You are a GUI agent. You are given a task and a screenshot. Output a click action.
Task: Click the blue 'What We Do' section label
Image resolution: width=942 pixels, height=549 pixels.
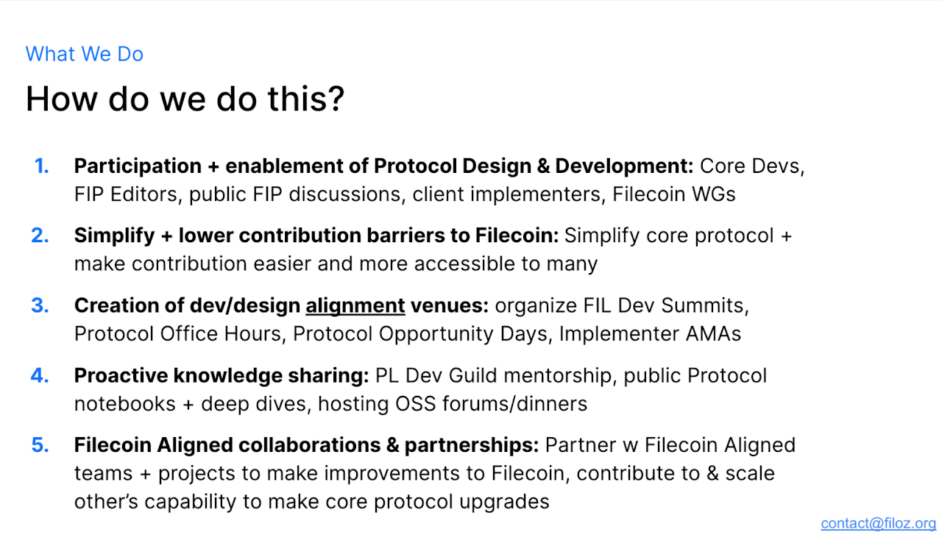pos(85,54)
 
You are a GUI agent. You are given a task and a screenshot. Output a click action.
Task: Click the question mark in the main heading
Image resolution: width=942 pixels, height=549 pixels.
pos(337,99)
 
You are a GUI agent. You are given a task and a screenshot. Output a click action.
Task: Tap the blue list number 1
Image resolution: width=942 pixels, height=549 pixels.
pos(42,166)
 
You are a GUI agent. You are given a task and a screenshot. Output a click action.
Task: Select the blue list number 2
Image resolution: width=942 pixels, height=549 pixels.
pos(40,235)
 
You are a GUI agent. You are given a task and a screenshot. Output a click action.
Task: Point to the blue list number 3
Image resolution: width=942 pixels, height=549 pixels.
pos(40,305)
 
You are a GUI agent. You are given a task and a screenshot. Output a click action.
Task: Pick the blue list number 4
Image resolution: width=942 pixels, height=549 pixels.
pos(40,375)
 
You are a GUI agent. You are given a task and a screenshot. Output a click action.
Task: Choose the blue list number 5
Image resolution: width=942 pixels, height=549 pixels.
pos(40,444)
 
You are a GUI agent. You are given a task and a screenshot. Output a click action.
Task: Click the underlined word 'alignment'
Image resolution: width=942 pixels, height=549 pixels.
pos(355,306)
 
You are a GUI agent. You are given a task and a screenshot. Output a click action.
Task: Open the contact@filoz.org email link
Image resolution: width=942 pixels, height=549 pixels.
pos(879,523)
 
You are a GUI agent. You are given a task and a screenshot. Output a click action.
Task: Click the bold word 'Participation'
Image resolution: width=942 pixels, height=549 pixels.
pos(138,166)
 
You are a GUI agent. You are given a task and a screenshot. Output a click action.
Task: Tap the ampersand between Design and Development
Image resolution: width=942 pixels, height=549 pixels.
pos(543,166)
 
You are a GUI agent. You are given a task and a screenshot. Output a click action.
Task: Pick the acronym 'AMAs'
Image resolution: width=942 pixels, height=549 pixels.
pos(713,334)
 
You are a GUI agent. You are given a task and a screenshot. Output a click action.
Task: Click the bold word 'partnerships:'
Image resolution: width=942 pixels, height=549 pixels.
pos(472,445)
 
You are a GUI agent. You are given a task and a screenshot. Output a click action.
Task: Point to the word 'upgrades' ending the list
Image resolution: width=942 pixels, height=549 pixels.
pos(504,503)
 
